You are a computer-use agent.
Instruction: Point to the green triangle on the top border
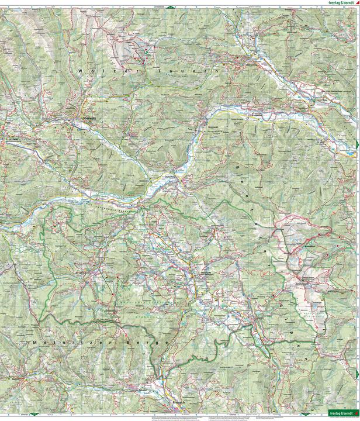(169, 5)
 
